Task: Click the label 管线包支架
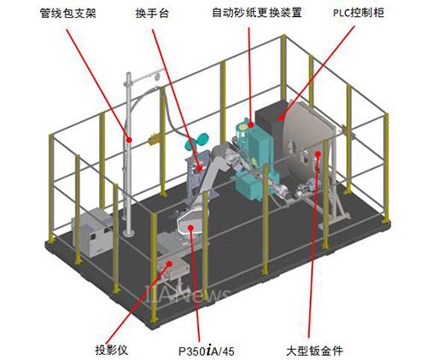tap(68, 13)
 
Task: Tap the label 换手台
tap(152, 13)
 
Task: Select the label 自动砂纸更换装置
tap(257, 13)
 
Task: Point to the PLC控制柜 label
tap(359, 13)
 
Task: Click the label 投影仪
tap(112, 350)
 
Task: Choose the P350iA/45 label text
tap(207, 351)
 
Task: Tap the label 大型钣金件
tap(314, 351)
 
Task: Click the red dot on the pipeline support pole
tap(129, 140)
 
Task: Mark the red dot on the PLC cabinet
tap(281, 117)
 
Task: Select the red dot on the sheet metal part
tap(318, 154)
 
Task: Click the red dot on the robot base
tap(190, 227)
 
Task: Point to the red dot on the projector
tap(169, 264)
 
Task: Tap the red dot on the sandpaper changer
tap(250, 125)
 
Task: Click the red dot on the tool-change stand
tap(200, 168)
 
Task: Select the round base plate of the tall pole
tap(129, 233)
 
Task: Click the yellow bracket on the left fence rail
tap(154, 139)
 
